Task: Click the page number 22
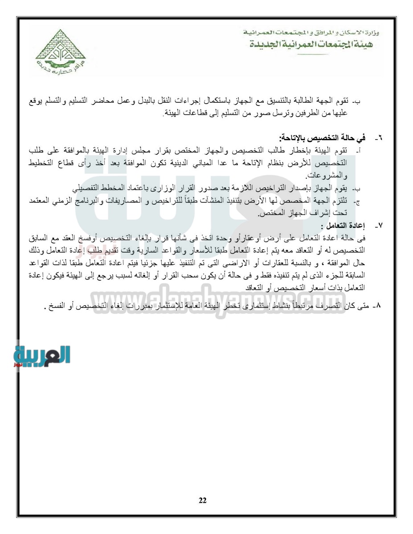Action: tap(203, 500)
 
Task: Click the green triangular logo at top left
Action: tap(61, 53)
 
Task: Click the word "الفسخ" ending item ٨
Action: tap(57, 307)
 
